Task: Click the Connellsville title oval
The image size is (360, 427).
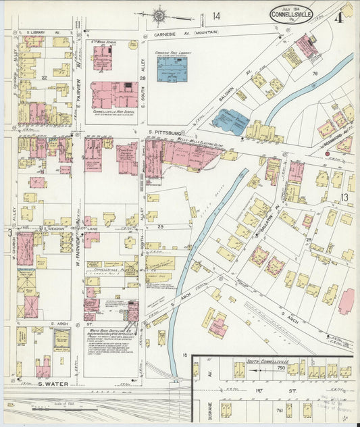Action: coord(290,14)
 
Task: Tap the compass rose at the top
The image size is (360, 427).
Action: coord(160,15)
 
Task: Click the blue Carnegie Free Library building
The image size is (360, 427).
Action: coord(172,69)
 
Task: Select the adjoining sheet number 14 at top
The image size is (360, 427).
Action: coord(216,16)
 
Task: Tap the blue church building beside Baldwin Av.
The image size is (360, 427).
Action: coord(230,122)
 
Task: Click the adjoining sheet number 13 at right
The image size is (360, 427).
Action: coord(344,197)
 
